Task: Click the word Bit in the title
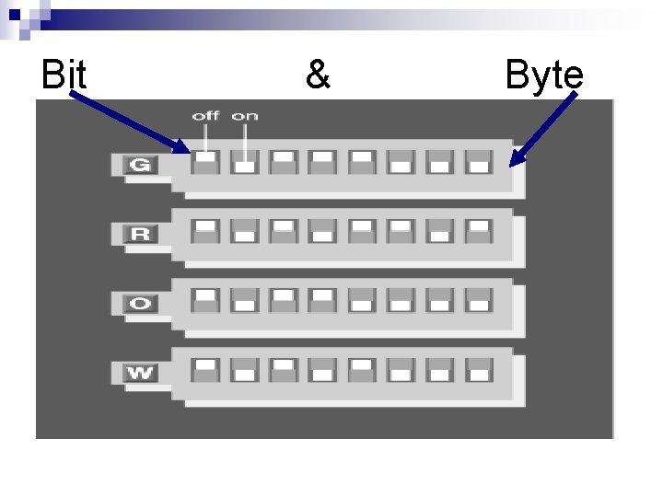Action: coord(64,75)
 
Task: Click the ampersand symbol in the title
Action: coord(317,75)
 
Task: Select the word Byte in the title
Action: coord(544,76)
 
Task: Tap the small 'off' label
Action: coord(205,116)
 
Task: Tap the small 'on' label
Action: coord(244,116)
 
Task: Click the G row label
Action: coord(139,165)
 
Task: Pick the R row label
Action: coord(139,233)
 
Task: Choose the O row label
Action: coord(139,302)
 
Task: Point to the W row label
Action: coord(139,372)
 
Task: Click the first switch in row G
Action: coord(205,162)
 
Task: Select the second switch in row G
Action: coord(244,162)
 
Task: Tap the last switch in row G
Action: coord(478,162)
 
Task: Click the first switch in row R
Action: coord(205,230)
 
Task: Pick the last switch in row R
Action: coord(478,230)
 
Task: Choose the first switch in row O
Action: coord(205,300)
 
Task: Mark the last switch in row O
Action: coord(478,300)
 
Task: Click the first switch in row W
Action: coord(205,370)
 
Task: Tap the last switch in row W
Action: coord(478,370)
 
